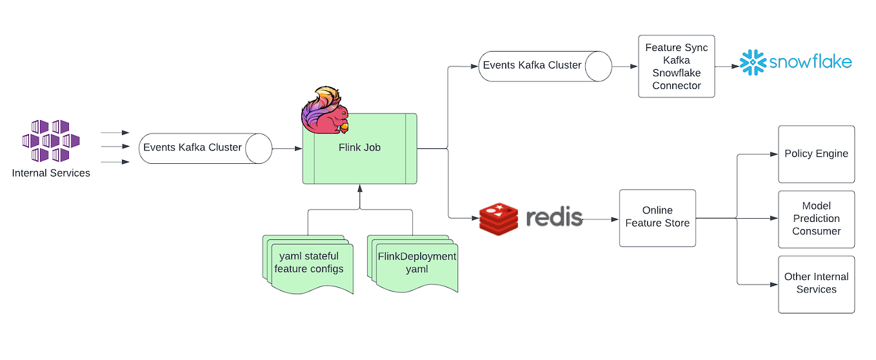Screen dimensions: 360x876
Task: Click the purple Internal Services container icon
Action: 51,140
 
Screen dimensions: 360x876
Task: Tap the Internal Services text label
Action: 51,173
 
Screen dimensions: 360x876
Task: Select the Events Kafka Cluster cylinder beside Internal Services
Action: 205,148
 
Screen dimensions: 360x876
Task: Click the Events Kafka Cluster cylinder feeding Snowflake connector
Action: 544,65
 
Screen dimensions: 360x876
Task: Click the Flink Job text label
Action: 359,148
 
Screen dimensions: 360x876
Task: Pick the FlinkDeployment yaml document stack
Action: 413,263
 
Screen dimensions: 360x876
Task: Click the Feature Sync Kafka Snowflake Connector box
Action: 676,66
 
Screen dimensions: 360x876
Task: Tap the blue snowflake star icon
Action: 752,63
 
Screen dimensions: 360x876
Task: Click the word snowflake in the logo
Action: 810,63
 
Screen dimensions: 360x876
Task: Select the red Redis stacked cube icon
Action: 499,218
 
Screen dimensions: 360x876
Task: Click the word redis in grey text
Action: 554,217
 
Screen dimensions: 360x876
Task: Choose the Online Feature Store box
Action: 657,217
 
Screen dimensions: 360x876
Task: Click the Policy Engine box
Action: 816,154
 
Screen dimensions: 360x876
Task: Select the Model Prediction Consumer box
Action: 816,219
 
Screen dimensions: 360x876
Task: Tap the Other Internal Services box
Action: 816,284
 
